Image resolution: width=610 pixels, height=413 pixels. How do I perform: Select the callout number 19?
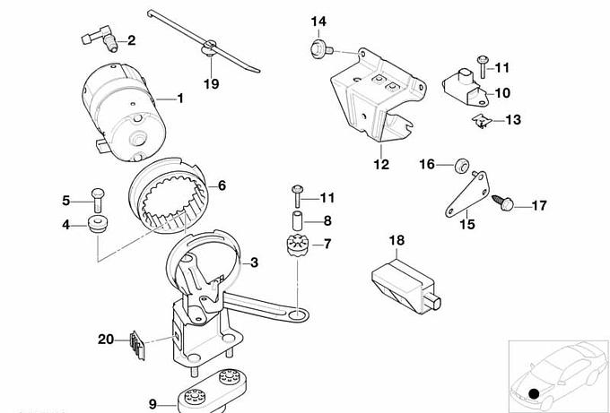click(211, 84)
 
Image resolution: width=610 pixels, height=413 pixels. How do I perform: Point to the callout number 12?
click(381, 164)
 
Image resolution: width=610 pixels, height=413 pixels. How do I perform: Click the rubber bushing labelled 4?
click(95, 224)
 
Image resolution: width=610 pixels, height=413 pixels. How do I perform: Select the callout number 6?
click(221, 186)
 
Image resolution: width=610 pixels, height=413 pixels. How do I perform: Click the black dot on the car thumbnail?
click(536, 393)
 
